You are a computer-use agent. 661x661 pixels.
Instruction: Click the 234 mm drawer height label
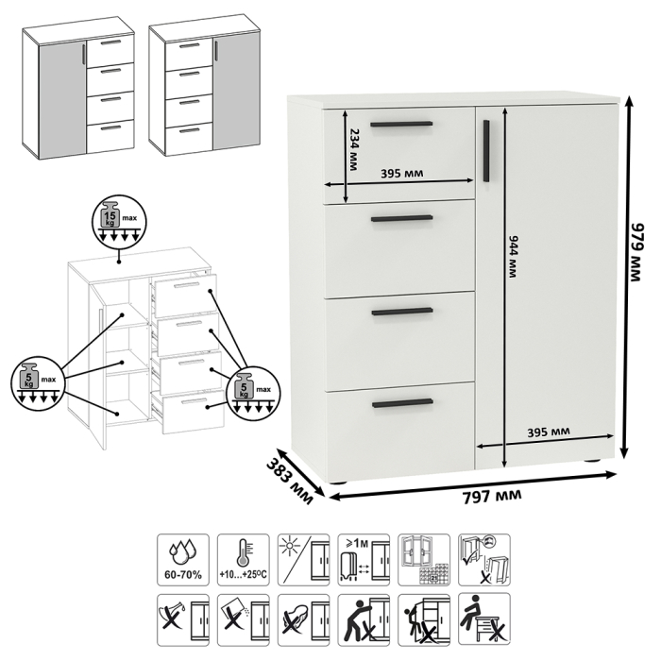(x=353, y=149)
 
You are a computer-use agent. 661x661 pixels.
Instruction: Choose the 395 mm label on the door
(x=548, y=432)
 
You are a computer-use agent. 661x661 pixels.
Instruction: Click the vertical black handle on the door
(x=486, y=147)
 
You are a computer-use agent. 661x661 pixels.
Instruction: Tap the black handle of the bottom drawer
(x=402, y=404)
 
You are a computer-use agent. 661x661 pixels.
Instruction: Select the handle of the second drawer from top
(x=402, y=219)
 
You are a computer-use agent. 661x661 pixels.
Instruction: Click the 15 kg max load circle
(x=114, y=222)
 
